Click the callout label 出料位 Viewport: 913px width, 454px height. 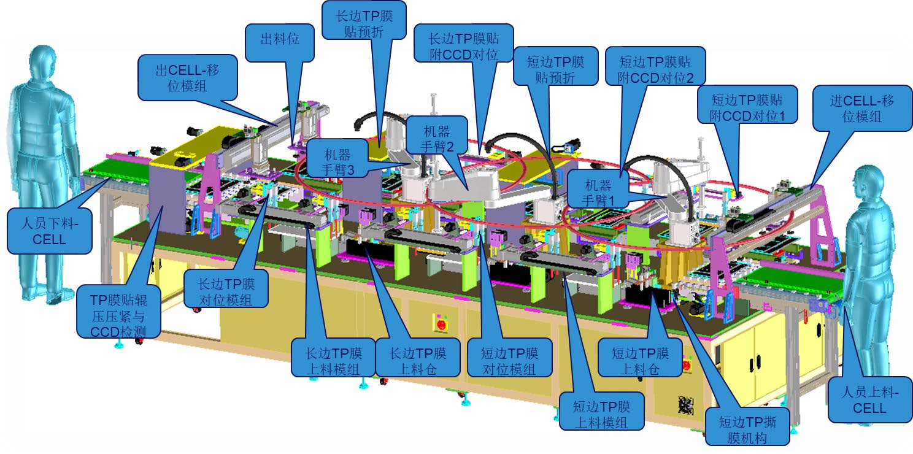(280, 40)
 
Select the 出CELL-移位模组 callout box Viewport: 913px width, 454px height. (187, 78)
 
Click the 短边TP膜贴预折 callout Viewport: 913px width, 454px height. (555, 66)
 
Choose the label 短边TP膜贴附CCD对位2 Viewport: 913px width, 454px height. (655, 69)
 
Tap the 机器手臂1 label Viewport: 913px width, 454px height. (598, 192)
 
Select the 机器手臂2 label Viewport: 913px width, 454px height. (436, 139)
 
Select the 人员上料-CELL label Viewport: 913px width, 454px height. (870, 400)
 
